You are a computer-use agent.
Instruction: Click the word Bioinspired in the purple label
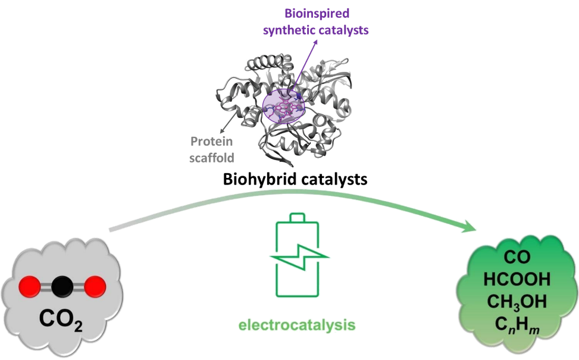[317, 12]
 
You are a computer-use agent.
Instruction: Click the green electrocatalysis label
[297, 325]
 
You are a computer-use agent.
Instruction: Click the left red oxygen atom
[27, 287]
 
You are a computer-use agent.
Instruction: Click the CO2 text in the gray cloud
[61, 320]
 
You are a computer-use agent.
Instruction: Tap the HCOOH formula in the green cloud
[517, 279]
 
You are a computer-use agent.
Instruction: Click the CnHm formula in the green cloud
[517, 325]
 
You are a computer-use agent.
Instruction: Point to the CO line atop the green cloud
[517, 257]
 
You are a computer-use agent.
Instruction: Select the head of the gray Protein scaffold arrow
[222, 132]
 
